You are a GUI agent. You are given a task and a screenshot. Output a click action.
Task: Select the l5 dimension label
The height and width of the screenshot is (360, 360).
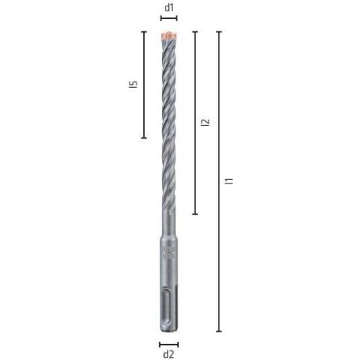134,84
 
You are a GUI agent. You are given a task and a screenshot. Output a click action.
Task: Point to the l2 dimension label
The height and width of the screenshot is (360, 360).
204,123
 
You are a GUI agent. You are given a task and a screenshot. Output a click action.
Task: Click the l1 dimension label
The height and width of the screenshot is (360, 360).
229,181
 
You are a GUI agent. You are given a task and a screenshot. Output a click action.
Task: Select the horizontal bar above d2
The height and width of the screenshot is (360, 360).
169,343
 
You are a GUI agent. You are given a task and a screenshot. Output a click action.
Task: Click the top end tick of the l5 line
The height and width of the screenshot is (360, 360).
144,32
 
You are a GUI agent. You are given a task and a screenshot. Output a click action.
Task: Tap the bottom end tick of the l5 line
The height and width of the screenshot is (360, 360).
144,138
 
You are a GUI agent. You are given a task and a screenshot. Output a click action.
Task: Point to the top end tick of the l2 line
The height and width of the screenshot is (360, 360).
195,32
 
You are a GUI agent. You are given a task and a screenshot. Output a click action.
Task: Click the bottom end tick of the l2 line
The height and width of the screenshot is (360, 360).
195,214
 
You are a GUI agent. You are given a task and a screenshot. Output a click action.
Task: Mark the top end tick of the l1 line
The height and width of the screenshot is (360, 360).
219,32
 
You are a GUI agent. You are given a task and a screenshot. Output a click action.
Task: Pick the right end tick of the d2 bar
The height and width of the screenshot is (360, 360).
178,343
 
